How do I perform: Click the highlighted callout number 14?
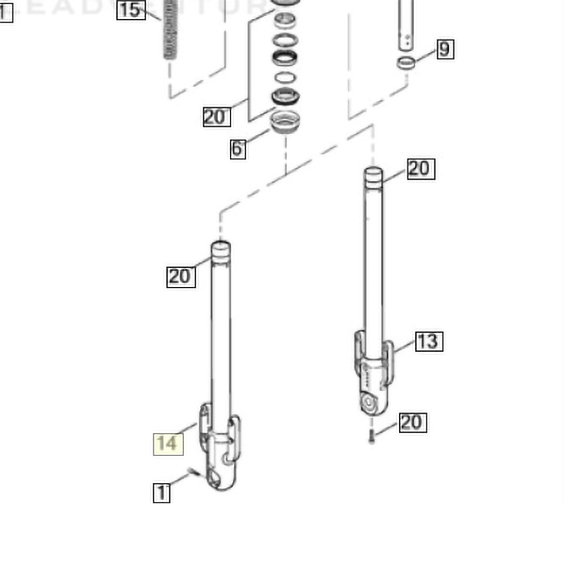(168, 443)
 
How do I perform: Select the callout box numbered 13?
(427, 342)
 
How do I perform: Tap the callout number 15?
(130, 9)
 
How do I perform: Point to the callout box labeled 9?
(443, 49)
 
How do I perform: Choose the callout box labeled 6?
(238, 149)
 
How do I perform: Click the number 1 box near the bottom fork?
(162, 493)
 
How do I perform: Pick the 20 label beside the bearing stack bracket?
(216, 116)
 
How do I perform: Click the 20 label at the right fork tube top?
(419, 168)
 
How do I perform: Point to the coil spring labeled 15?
(169, 32)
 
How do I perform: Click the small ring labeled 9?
(405, 63)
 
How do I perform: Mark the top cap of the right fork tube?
(373, 174)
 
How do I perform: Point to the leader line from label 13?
(403, 348)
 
